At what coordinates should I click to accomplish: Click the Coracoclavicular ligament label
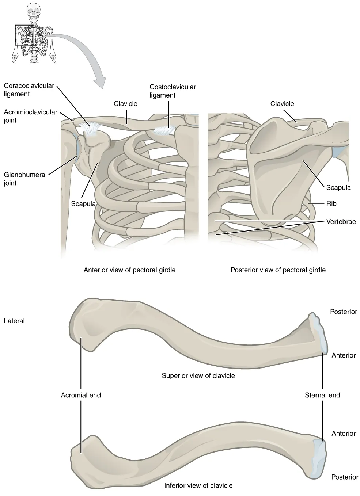(x=29, y=90)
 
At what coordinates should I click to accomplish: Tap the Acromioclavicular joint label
(x=31, y=116)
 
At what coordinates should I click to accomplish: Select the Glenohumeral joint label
(x=25, y=179)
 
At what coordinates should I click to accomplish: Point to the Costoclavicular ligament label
(x=173, y=91)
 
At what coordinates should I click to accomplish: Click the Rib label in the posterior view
(x=331, y=203)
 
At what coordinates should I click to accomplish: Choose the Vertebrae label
(x=341, y=221)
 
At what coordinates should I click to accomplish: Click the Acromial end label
(x=81, y=395)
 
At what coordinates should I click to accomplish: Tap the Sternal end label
(x=322, y=395)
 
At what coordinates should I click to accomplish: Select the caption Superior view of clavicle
(x=198, y=375)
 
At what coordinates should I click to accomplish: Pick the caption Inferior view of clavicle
(x=198, y=485)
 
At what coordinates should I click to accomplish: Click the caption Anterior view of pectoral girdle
(x=129, y=270)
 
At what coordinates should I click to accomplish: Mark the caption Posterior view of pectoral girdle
(x=278, y=270)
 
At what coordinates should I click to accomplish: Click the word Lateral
(x=14, y=321)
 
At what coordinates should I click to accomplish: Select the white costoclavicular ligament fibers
(x=165, y=130)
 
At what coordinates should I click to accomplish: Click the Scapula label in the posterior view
(x=338, y=187)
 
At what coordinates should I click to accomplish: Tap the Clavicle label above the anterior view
(x=125, y=104)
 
